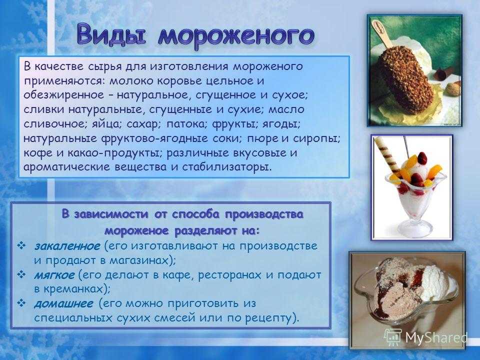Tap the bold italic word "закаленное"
click(67, 246)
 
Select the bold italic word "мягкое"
click(54, 275)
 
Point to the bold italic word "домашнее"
click(63, 303)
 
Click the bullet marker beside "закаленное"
click(21, 245)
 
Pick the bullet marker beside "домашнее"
click(21, 303)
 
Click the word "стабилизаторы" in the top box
click(226, 167)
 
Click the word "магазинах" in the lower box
click(140, 260)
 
